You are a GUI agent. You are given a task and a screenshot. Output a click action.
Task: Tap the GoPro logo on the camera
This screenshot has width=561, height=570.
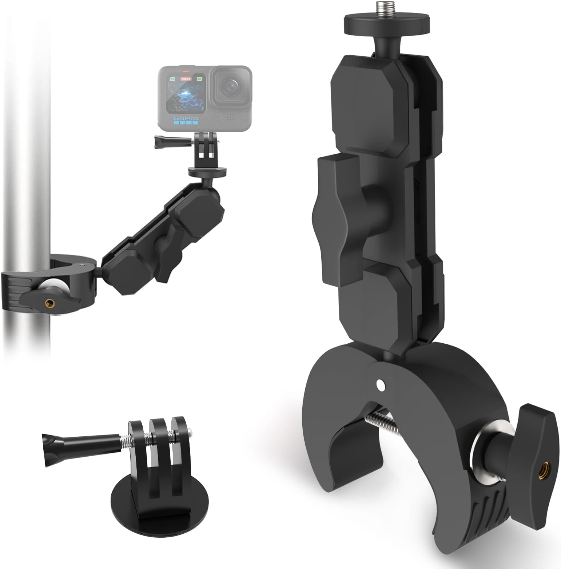[x=186, y=119]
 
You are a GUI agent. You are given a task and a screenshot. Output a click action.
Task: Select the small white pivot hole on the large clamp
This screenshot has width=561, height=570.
[x=380, y=384]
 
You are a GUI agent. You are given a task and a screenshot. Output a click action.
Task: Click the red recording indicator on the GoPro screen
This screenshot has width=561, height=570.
[x=186, y=72]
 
